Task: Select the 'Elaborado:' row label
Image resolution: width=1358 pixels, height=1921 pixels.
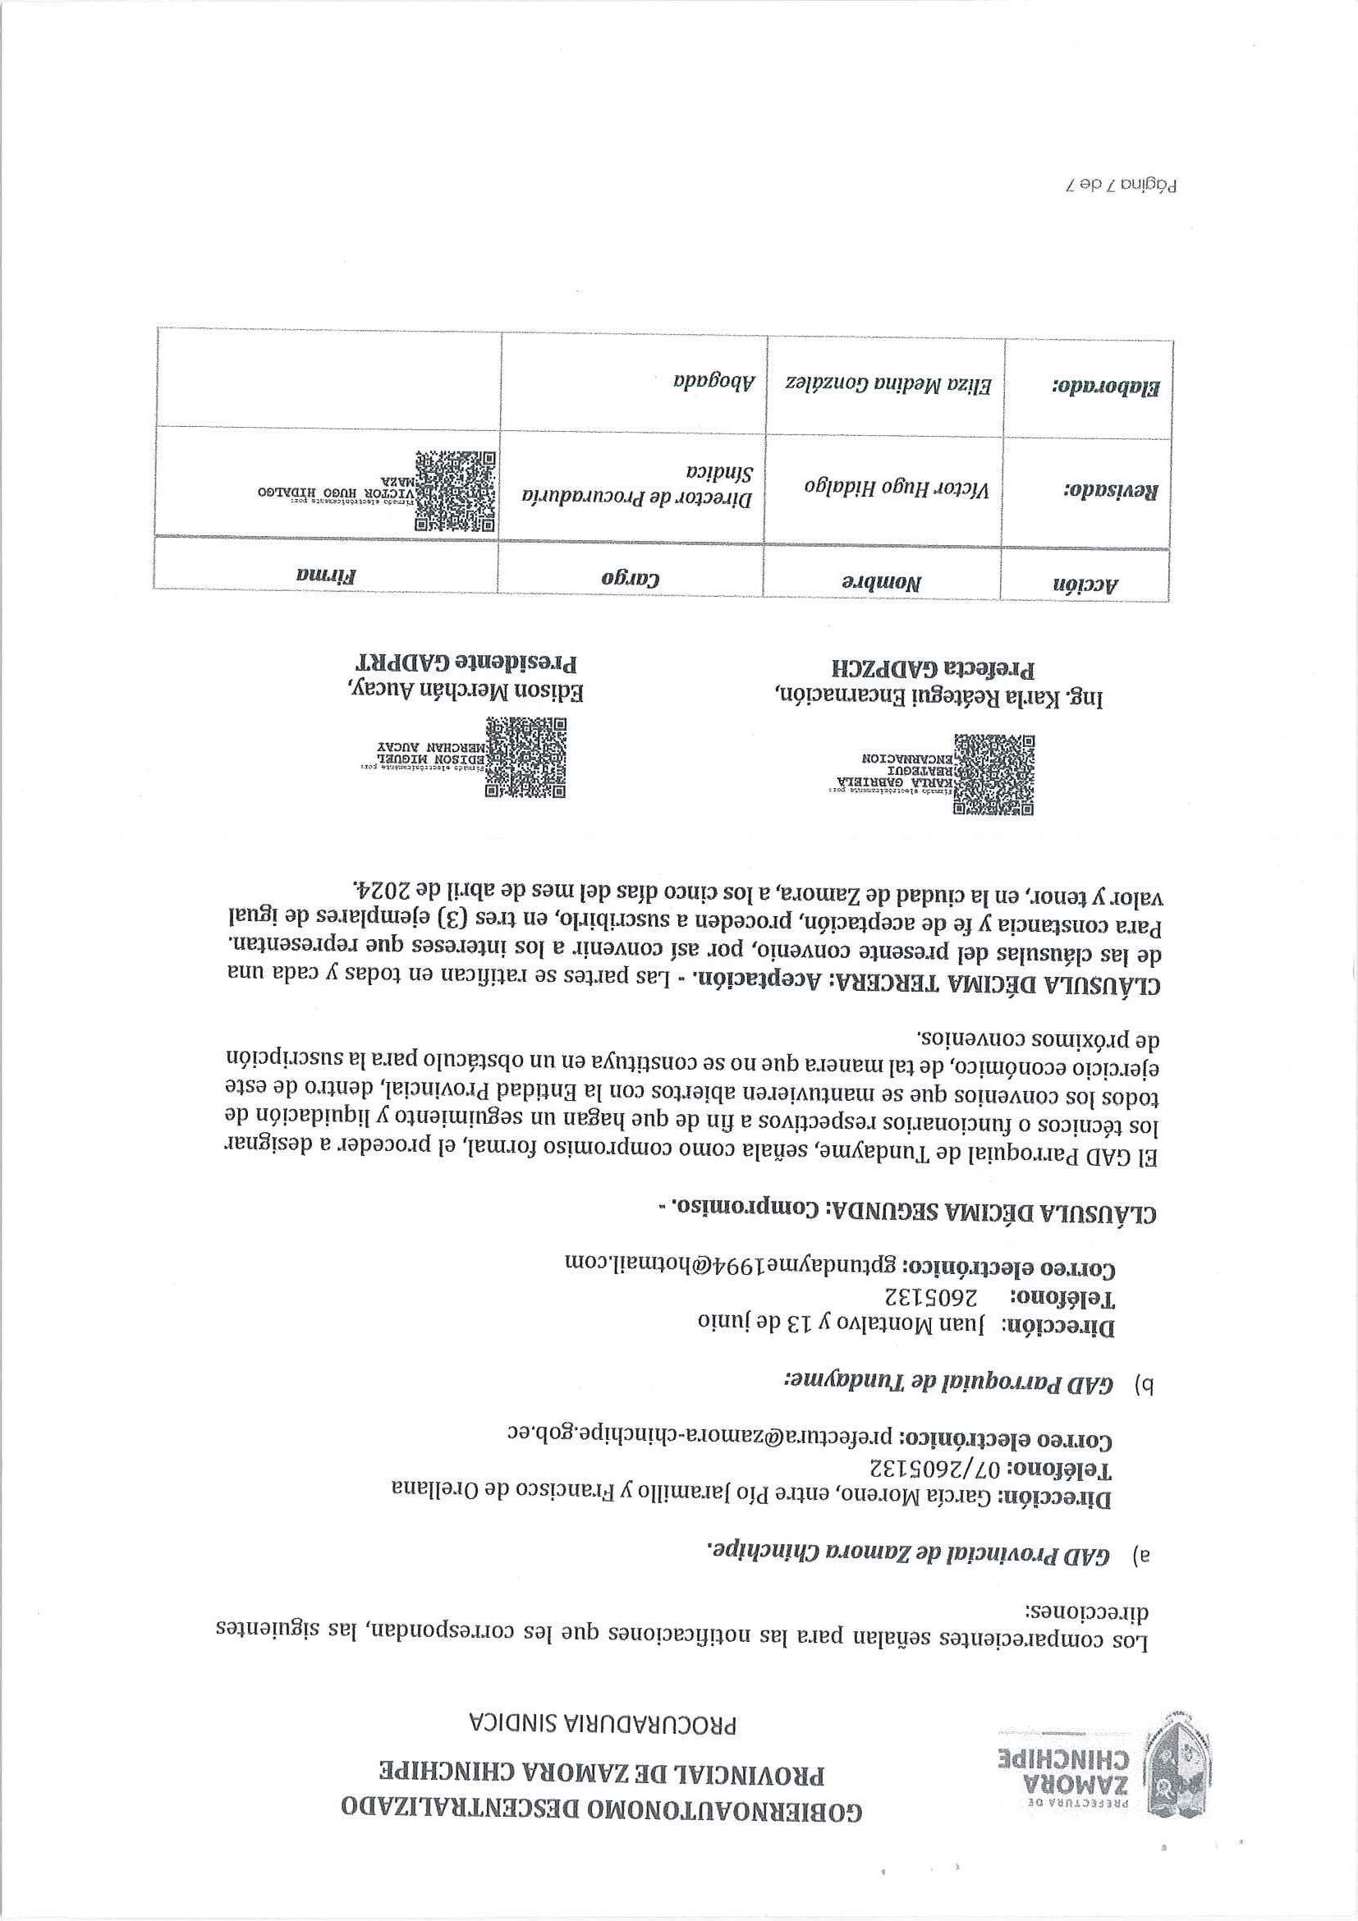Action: click(1105, 387)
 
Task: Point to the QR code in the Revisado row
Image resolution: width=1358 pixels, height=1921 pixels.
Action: click(455, 491)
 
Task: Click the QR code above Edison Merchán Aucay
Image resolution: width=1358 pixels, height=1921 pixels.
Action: click(527, 756)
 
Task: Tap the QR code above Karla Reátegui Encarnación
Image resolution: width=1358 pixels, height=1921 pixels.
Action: click(994, 775)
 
